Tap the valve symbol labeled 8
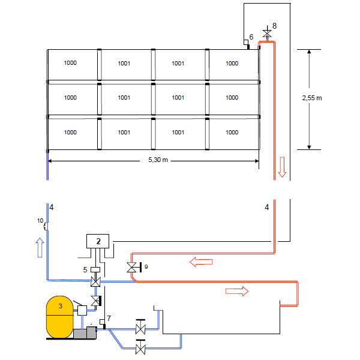click(267, 34)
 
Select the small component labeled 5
click(94, 269)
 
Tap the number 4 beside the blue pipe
click(52, 208)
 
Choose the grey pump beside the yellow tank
click(85, 331)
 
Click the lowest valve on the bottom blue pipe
click(141, 348)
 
